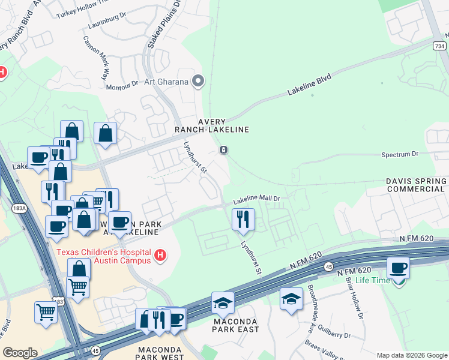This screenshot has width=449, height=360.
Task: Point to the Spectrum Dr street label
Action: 399,154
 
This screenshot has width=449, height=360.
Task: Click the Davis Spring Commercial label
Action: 416,185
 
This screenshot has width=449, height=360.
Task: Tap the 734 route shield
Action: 439,46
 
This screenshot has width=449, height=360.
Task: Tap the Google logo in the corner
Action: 20,353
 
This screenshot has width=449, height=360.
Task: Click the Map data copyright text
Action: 412,355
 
